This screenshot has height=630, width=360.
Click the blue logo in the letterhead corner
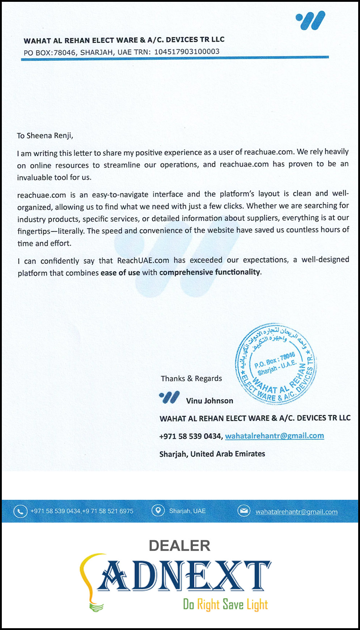310,20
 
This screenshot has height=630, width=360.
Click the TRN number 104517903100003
187,51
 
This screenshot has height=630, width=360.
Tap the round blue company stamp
276,363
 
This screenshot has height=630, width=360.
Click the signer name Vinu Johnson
209,401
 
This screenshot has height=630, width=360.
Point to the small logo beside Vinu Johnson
169,397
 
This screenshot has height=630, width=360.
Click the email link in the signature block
274,436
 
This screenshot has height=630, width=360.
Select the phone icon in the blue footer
20,511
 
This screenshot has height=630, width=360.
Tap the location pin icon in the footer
158,511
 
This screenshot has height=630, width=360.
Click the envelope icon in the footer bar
244,511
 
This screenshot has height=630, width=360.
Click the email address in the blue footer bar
296,512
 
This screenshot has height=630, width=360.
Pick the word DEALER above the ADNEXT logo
179,546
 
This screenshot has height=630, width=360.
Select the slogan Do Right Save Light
225,604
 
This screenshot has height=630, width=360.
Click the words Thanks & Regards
191,379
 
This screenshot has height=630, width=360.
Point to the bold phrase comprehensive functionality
210,272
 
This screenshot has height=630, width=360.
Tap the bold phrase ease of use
120,273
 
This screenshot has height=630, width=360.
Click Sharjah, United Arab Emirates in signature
212,454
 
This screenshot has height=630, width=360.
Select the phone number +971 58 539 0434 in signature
190,436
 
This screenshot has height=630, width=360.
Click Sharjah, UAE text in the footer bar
187,511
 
